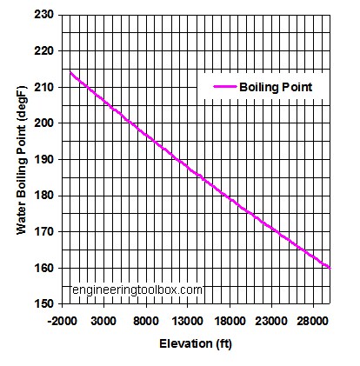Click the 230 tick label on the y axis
44,15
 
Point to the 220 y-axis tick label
44,50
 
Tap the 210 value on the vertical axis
44,87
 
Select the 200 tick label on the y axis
44,123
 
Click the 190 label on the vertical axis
44,160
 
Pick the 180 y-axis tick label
44,196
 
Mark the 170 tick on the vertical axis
44,232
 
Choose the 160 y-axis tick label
44,269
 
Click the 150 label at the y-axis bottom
44,304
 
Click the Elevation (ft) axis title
195,344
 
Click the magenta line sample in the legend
218,87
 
